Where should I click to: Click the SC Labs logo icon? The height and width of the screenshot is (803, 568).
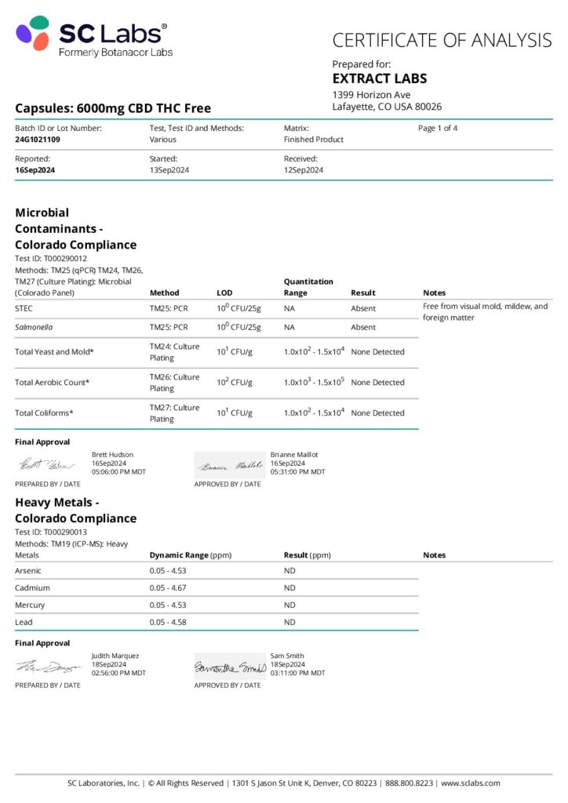pos(33,33)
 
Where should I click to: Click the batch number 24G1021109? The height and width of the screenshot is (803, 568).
pos(38,140)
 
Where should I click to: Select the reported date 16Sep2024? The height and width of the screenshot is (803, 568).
pos(35,170)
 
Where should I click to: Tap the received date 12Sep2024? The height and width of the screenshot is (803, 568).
pos(304,170)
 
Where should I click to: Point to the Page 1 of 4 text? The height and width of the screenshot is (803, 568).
pos(438,128)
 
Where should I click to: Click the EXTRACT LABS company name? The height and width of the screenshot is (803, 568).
pos(380,78)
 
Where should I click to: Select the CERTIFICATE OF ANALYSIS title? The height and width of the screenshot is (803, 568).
pos(442,40)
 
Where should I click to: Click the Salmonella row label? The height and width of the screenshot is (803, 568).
pos(35,327)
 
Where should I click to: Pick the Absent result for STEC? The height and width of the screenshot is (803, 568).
pos(363,308)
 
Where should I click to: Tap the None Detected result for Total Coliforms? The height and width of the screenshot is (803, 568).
pos(377,412)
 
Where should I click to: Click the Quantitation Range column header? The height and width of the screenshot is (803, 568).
pos(308,287)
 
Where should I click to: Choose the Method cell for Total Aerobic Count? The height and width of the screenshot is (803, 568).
pos(174,383)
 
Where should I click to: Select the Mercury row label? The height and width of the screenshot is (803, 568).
pos(30,605)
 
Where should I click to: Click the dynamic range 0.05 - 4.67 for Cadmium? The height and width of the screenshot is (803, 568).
pos(168,587)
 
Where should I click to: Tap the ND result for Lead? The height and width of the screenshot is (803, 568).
pos(289,622)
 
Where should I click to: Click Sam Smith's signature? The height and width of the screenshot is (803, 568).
pos(230,667)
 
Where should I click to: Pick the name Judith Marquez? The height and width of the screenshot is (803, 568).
pos(115,656)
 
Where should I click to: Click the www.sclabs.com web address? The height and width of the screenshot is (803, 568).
pos(471,783)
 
